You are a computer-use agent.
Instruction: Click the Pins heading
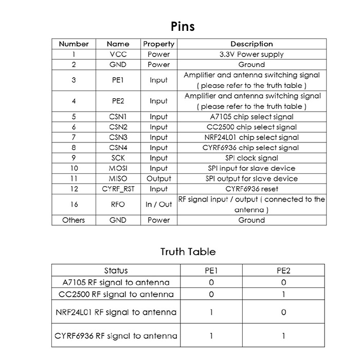tap(183, 26)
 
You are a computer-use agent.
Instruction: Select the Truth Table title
tap(188, 252)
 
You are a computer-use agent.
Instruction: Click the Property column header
tap(158, 44)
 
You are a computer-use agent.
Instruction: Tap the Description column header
tap(251, 44)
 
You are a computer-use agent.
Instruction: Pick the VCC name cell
tap(118, 55)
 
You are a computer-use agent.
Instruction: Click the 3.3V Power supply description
tap(251, 55)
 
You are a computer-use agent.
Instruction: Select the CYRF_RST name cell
tap(118, 189)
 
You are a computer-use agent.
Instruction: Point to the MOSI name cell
tap(118, 169)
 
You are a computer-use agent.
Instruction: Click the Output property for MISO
tap(158, 179)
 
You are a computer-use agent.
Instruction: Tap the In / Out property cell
tap(158, 205)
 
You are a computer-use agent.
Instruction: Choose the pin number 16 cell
tap(74, 205)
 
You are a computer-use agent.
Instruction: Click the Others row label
tap(74, 220)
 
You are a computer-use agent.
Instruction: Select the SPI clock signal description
tap(251, 158)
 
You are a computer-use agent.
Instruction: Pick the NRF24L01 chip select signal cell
tap(251, 138)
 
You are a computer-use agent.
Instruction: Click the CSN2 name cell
tap(118, 127)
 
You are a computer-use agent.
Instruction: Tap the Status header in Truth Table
tap(116, 270)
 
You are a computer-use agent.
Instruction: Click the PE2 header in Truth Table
tap(283, 270)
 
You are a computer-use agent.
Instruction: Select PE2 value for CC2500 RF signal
tap(283, 295)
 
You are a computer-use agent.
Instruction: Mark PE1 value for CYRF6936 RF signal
tap(211, 336)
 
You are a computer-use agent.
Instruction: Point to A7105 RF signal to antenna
tap(116, 282)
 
